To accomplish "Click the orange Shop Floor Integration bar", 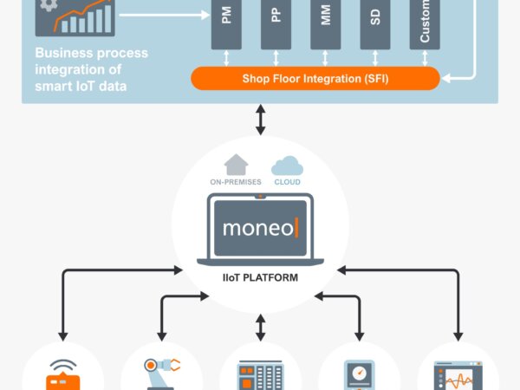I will point(315,79).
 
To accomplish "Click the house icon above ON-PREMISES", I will point(236,164).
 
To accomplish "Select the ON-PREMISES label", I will point(236,182).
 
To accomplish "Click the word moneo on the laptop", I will point(257,229).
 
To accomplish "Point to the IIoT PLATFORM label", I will point(260,278).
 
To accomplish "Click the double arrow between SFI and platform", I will point(261,119).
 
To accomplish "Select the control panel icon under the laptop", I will point(261,375).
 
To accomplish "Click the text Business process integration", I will point(91,61).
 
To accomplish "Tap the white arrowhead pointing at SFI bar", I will point(450,79).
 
